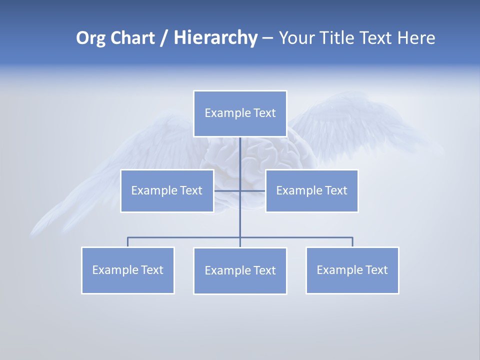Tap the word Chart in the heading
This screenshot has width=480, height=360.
click(131, 38)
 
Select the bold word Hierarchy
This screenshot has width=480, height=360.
click(215, 38)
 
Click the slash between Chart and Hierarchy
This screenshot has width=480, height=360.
click(164, 38)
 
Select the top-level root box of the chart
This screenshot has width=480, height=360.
click(240, 113)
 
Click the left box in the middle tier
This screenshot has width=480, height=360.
click(167, 191)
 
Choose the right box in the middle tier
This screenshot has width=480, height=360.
click(311, 191)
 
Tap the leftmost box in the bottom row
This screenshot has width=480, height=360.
click(127, 270)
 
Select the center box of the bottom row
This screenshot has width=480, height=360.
click(240, 271)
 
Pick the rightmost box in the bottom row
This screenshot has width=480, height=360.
click(352, 270)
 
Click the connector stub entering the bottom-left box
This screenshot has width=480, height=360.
click(127, 242)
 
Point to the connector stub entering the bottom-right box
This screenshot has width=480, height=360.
click(352, 242)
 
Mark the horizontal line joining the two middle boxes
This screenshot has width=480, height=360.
click(227, 191)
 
